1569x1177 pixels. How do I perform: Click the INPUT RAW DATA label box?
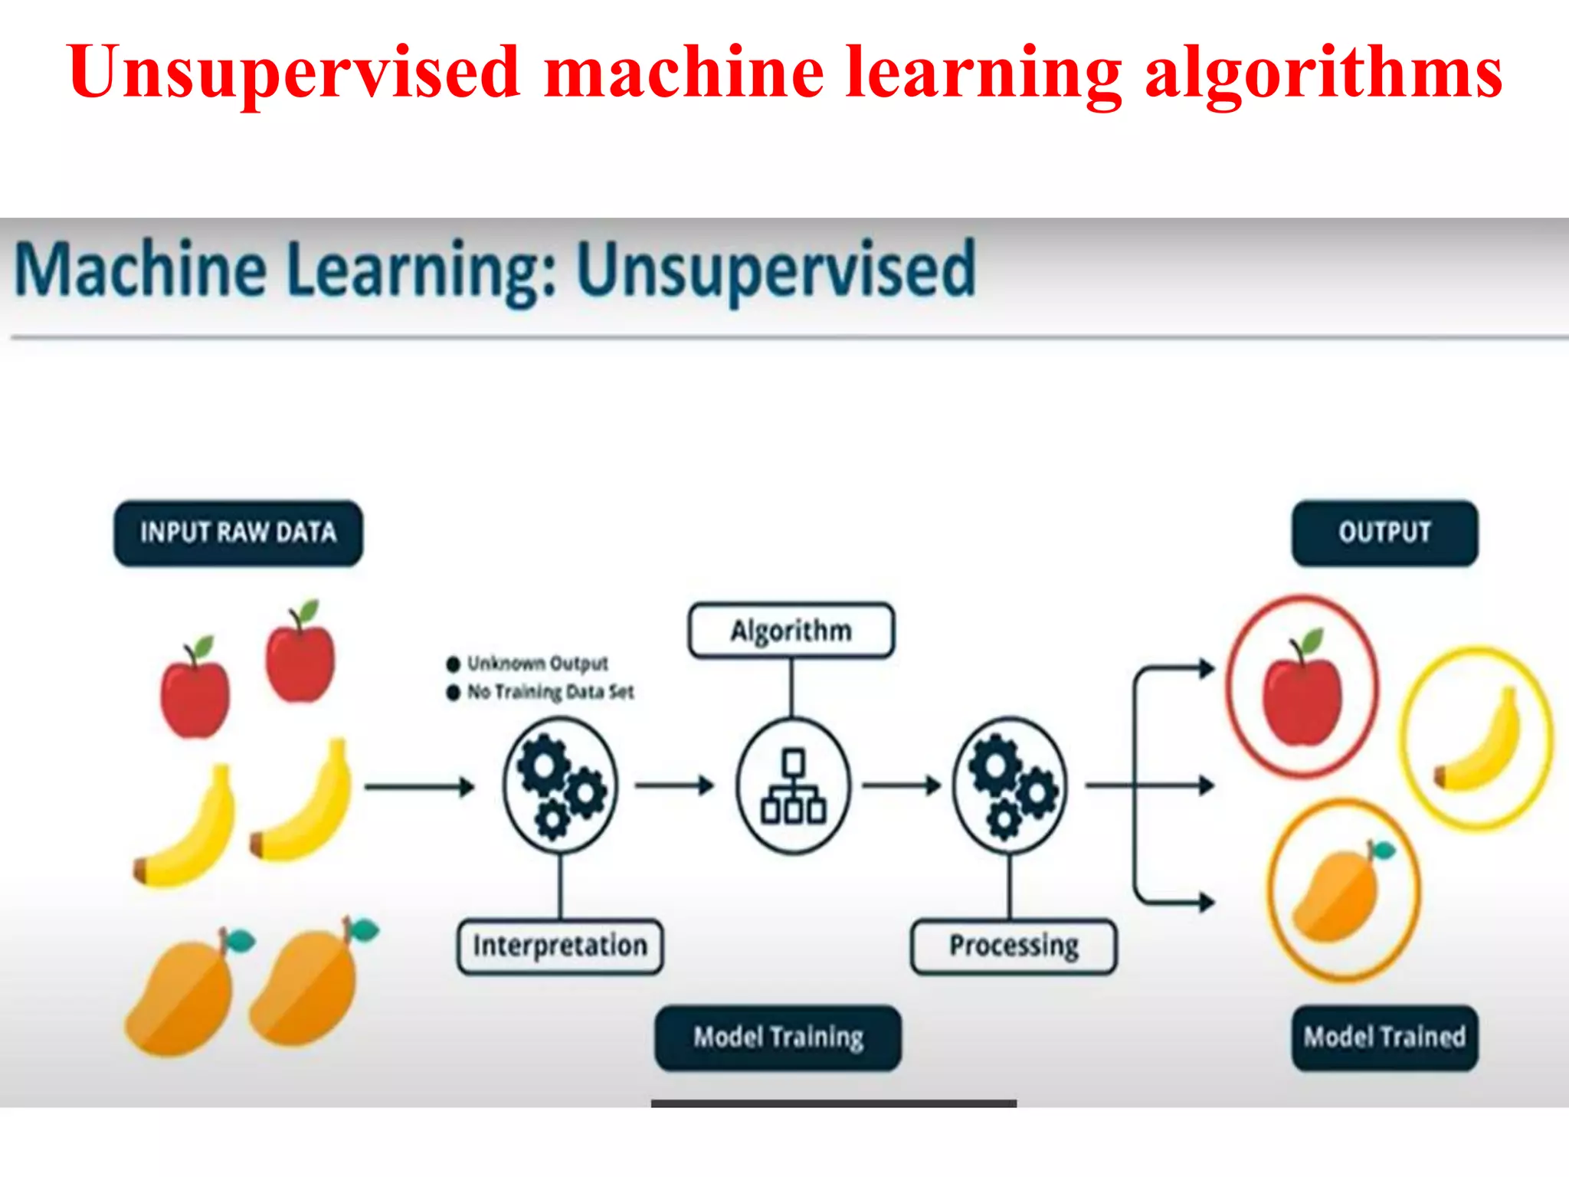(238, 533)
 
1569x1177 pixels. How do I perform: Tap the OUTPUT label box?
(1384, 533)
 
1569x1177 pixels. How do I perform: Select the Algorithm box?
(791, 631)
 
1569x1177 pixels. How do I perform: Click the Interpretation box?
(560, 946)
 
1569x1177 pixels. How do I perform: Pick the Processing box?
(1014, 946)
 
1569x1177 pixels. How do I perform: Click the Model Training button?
(778, 1038)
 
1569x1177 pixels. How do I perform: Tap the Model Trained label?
(1384, 1038)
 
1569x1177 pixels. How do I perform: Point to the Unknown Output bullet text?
(537, 663)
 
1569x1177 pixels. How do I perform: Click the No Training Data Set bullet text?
(550, 692)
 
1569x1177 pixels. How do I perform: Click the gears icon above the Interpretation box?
(560, 785)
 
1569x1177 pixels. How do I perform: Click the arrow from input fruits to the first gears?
(419, 786)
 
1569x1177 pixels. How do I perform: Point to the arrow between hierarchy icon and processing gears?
(901, 785)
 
